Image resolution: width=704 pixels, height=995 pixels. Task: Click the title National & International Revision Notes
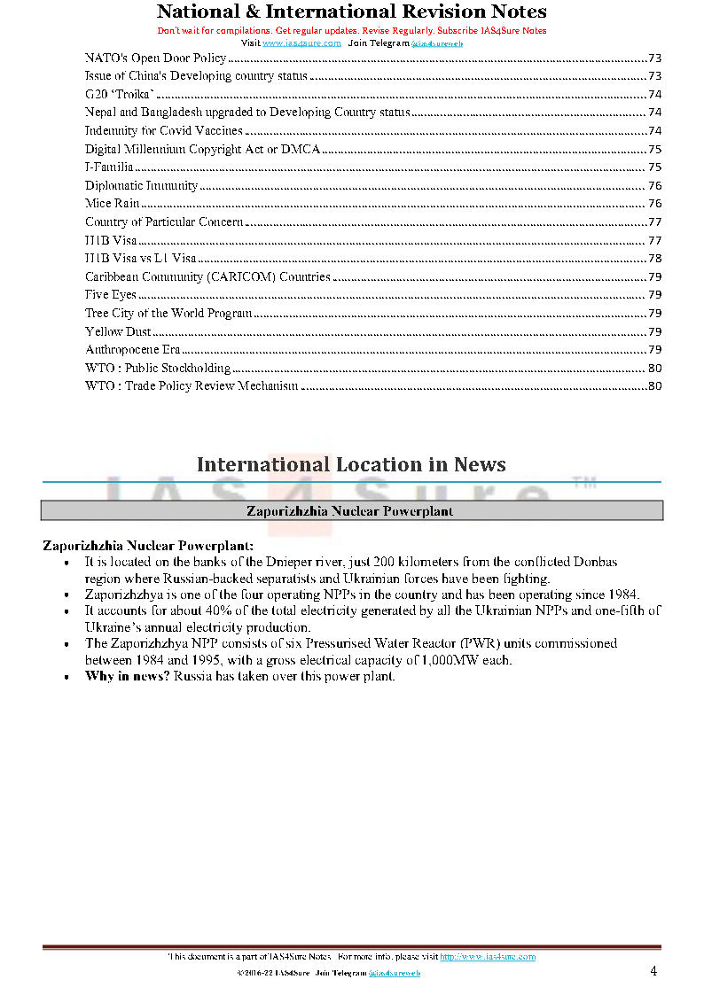click(351, 12)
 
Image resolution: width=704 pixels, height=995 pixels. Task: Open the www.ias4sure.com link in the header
click(301, 43)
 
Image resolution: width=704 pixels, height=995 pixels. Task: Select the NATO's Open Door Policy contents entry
click(155, 58)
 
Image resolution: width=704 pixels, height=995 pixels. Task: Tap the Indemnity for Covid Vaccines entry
click(163, 130)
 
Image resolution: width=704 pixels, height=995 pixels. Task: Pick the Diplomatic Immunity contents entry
click(141, 185)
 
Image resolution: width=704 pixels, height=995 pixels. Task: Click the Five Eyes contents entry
click(111, 294)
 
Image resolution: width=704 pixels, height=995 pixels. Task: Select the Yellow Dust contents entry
click(118, 331)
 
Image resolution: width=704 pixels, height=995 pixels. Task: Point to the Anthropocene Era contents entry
click(132, 349)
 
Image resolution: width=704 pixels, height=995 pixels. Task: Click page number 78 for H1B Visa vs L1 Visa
click(655, 258)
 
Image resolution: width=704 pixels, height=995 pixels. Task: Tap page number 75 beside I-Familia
click(655, 167)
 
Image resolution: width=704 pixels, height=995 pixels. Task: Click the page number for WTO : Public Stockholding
click(655, 368)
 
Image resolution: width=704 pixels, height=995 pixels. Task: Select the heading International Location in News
click(351, 464)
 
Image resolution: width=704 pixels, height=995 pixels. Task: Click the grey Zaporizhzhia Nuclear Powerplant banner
click(351, 510)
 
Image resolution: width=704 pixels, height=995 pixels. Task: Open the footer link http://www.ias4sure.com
click(488, 957)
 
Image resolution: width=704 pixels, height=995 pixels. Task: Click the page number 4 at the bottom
click(653, 971)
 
